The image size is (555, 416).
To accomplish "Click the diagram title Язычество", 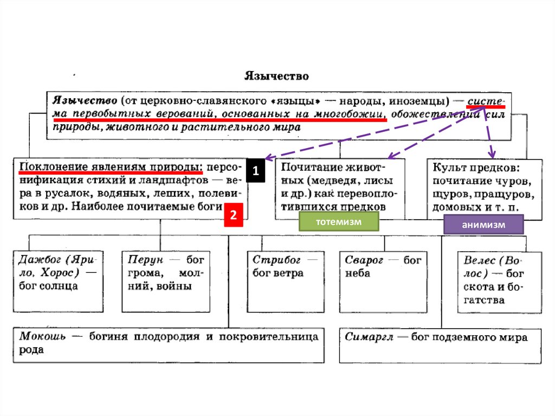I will [x=276, y=76].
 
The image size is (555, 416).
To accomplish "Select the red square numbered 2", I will [x=233, y=215].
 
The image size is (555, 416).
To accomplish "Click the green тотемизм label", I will [x=338, y=221].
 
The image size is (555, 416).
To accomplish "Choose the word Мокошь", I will [x=43, y=336].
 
